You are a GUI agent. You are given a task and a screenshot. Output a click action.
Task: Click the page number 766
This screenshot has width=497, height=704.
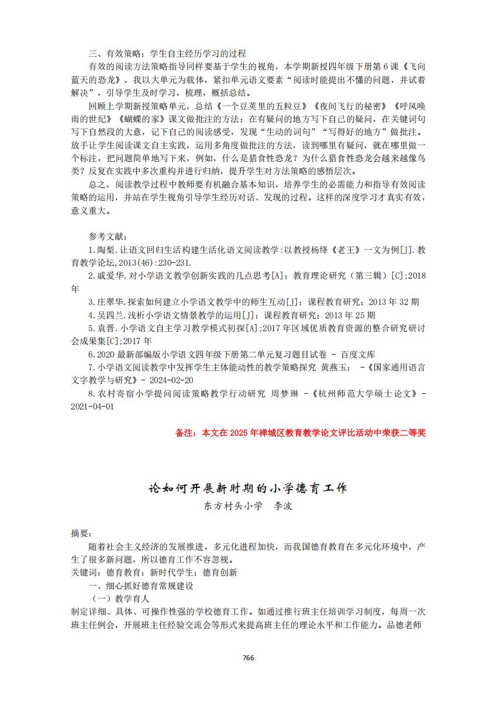tap(248, 657)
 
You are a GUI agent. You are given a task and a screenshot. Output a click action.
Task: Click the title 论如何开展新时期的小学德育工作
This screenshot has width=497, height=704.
tap(248, 487)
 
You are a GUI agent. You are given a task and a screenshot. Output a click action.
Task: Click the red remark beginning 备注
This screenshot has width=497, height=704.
tap(300, 433)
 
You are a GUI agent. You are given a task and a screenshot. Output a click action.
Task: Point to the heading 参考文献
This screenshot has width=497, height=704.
tap(108, 236)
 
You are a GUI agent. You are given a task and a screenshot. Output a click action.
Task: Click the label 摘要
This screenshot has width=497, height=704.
tap(81, 533)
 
